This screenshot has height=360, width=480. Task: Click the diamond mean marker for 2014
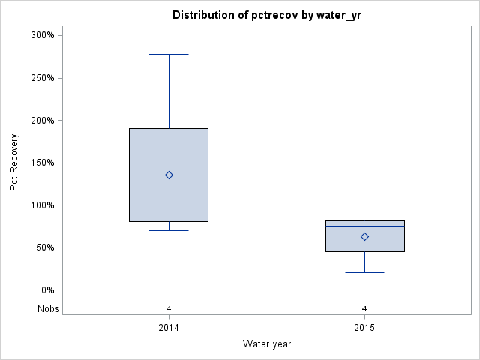(169, 175)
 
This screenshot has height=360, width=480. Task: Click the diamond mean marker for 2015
(364, 236)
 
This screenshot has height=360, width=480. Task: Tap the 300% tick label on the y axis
(41, 35)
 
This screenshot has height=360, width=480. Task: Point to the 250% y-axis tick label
(41, 78)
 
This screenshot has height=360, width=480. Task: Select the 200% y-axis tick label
(41, 120)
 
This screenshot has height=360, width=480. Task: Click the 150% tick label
(41, 163)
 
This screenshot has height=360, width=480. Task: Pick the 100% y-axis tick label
(41, 205)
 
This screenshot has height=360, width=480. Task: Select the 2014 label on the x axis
(169, 328)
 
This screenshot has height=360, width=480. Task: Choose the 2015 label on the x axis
(364, 328)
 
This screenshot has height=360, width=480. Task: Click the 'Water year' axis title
(267, 344)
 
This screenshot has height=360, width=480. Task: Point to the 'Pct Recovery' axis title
(14, 163)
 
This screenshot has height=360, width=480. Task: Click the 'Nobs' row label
(49, 308)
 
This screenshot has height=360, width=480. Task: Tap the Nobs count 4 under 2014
(169, 308)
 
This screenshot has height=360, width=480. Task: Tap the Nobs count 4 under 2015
(364, 308)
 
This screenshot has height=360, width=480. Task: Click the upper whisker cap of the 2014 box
(169, 54)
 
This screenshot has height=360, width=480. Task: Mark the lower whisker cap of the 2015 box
(364, 272)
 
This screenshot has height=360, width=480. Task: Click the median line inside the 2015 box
(364, 226)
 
